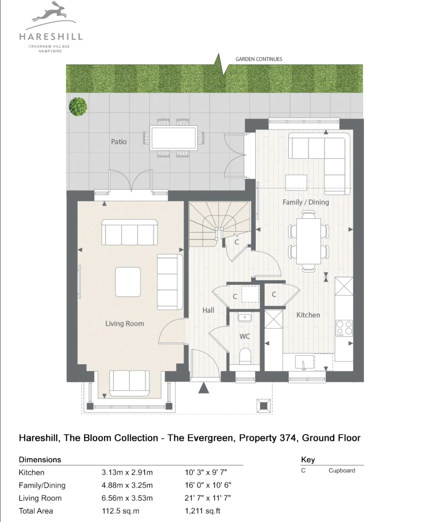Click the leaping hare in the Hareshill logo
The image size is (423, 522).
[50, 14]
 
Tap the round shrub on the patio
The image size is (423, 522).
[78, 107]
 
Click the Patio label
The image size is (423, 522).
[119, 142]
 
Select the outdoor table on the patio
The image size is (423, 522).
[174, 138]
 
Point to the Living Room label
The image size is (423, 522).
[124, 324]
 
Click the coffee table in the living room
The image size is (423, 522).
[128, 282]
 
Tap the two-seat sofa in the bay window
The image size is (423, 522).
[129, 383]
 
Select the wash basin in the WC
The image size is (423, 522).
[245, 317]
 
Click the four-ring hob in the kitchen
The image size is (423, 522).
[344, 328]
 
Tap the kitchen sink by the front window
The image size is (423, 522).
[305, 362]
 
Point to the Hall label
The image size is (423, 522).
[208, 310]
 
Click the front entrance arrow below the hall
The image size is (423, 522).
[203, 388]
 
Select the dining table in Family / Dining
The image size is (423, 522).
[309, 241]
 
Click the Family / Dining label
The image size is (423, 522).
[306, 202]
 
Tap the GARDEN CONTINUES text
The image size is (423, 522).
[259, 59]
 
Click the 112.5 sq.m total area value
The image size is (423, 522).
[120, 511]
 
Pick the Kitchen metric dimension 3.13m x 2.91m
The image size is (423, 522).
[127, 472]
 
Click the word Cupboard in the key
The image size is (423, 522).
[342, 471]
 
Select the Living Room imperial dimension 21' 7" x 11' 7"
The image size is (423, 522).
[208, 498]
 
